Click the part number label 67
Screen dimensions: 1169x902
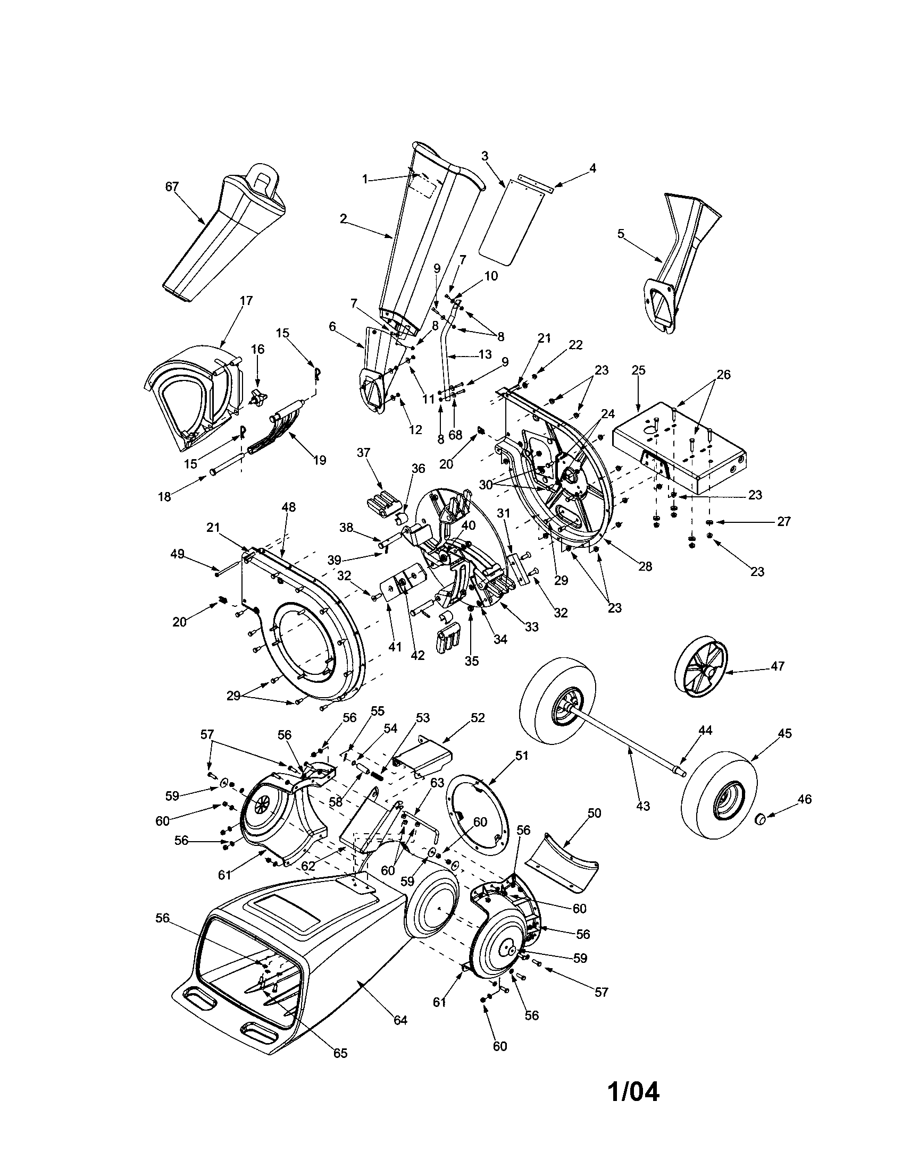click(172, 187)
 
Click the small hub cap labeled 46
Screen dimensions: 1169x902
click(758, 834)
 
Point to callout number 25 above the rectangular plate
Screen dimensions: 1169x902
click(638, 370)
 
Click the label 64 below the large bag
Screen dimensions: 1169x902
click(400, 1021)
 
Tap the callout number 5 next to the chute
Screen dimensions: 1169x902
click(621, 234)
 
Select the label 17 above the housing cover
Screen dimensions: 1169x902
click(246, 300)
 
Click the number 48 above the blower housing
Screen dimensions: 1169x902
click(288, 507)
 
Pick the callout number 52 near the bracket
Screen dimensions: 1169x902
click(477, 718)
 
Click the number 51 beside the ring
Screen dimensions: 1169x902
click(521, 756)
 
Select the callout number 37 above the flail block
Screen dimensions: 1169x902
click(363, 453)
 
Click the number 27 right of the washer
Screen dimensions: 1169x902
click(783, 521)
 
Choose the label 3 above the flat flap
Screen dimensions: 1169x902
click(485, 156)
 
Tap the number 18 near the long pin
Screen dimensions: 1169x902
click(164, 497)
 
